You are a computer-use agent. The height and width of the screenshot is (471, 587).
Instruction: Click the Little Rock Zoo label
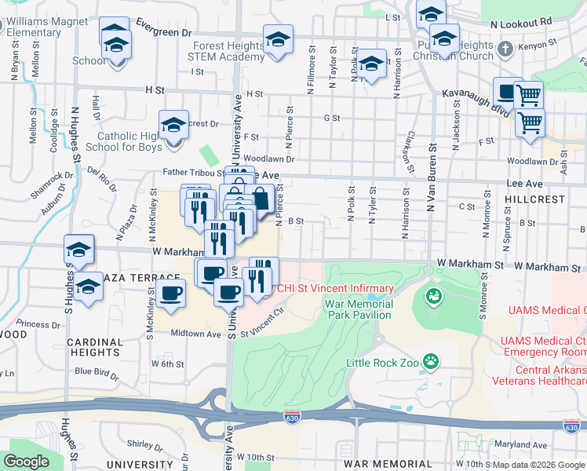382,363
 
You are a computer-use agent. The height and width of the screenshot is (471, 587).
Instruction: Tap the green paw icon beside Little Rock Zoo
430,361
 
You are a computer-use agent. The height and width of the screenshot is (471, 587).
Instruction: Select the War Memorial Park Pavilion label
357,309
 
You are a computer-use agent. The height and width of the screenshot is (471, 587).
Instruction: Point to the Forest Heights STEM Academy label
229,51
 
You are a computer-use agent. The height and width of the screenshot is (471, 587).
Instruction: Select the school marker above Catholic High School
173,126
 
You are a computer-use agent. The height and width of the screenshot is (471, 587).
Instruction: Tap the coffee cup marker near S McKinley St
170,294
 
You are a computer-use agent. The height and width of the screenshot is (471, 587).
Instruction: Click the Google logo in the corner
27,462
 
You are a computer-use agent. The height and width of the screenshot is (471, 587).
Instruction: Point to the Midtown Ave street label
196,334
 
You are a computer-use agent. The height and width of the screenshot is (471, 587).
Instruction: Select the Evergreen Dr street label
163,34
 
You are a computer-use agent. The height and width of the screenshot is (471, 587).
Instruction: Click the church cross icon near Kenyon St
505,49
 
